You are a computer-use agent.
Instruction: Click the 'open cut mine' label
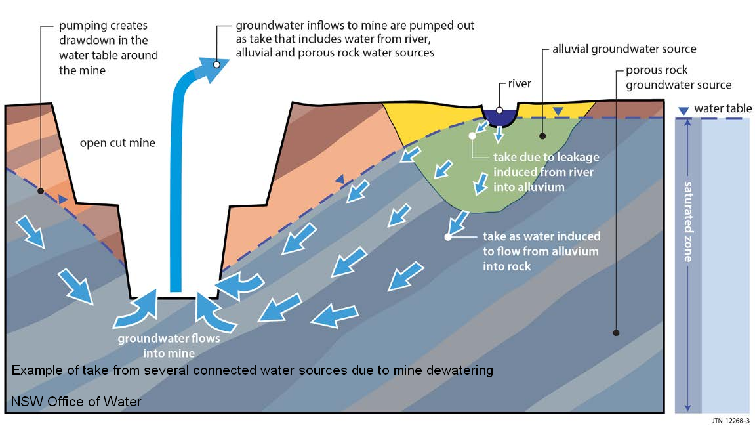coord(117,142)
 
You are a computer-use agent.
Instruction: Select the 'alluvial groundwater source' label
coord(624,49)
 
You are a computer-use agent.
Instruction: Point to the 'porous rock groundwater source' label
coord(678,77)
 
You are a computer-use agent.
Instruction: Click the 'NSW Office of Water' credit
coord(76,401)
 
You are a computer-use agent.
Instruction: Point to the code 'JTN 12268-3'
coord(729,419)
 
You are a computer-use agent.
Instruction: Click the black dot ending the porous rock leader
coord(615,333)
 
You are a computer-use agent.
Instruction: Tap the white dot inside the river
coord(500,110)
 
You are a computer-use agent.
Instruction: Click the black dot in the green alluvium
coord(542,136)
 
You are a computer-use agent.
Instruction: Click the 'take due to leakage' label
coord(546,172)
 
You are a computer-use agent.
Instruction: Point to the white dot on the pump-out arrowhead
coord(216,64)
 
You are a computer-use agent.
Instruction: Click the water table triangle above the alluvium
coord(558,112)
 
